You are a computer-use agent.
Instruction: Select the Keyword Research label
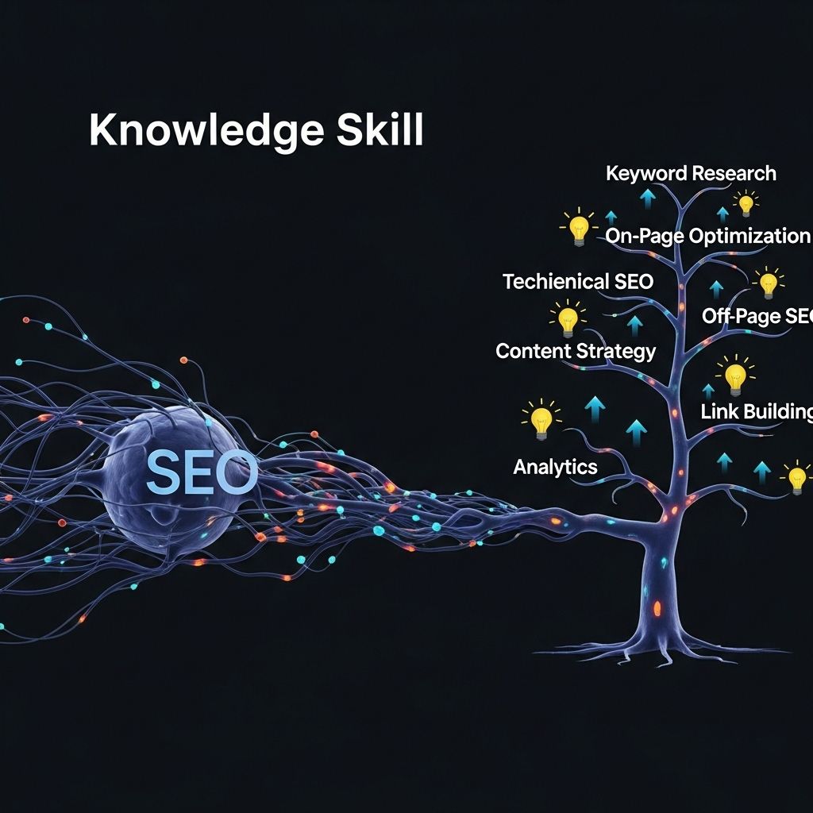tap(691, 173)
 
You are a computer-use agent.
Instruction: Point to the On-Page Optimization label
tap(707, 236)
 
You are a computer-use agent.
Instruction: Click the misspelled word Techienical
tap(555, 281)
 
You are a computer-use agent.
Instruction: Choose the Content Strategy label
tap(576, 351)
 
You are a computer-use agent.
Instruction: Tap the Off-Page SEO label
tap(757, 316)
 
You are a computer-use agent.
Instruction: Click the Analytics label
tap(555, 467)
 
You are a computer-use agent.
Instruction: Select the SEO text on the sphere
tap(202, 473)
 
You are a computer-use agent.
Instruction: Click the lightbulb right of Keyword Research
tap(745, 203)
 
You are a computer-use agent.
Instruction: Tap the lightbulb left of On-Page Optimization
tap(578, 227)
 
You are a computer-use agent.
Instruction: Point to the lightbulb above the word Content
tap(567, 319)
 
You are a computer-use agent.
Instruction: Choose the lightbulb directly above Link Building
tap(735, 375)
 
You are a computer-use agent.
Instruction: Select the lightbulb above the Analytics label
tap(541, 418)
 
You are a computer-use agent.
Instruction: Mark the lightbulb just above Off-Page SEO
tap(768, 282)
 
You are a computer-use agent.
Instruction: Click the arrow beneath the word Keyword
tap(648, 198)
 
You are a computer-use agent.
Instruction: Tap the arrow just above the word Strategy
tap(634, 324)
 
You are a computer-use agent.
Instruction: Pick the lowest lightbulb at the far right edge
tap(797, 478)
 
